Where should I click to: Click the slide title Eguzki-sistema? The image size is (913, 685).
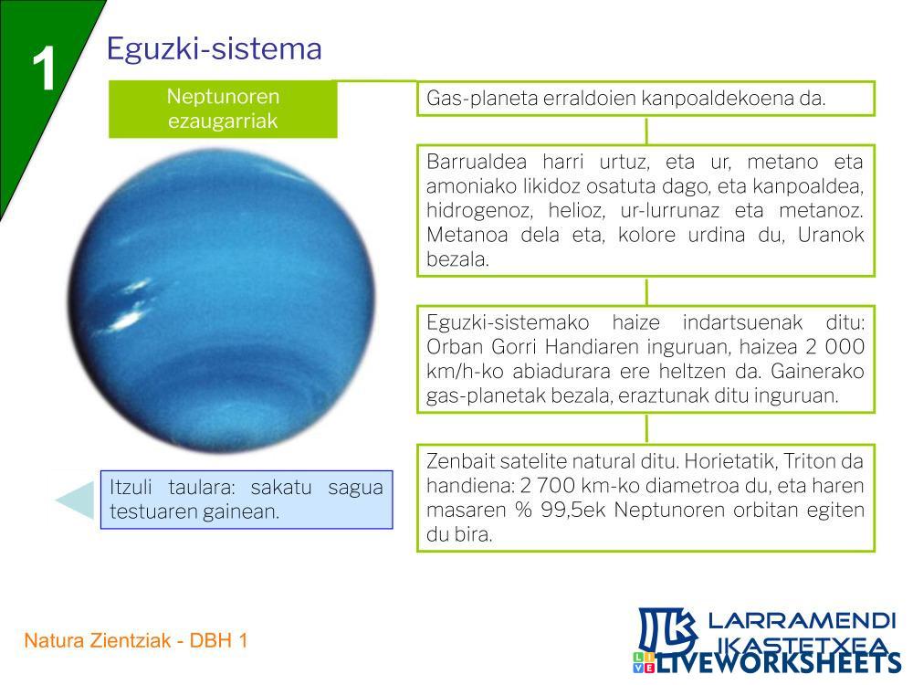click(214, 49)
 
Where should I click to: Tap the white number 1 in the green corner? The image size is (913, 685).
click(44, 68)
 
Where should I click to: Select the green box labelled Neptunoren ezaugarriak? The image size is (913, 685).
click(223, 109)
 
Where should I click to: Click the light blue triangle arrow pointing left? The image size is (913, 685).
click(77, 500)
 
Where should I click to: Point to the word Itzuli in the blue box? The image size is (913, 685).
click(131, 487)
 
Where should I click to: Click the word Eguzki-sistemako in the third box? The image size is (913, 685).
click(508, 322)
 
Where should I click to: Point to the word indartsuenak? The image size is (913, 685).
click(742, 322)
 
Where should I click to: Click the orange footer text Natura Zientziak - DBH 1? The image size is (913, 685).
click(136, 641)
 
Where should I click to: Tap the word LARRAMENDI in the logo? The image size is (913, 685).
click(802, 620)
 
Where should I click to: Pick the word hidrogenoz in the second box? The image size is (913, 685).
click(480, 210)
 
